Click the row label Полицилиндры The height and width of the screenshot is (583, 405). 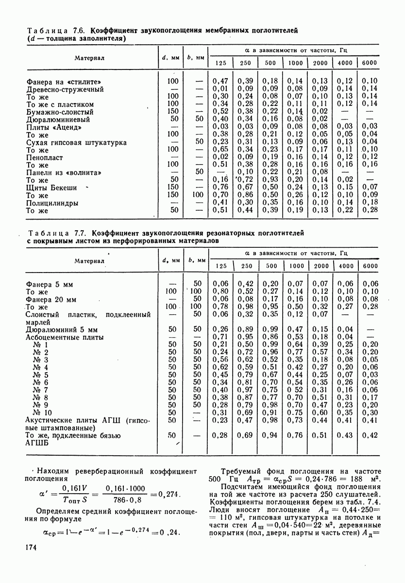coord(52,203)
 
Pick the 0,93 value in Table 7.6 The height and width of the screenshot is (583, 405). coord(270,180)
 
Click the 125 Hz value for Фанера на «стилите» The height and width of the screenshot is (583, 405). coord(220,81)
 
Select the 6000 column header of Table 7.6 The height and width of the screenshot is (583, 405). coord(370,63)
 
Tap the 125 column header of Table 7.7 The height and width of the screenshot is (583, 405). coord(221,266)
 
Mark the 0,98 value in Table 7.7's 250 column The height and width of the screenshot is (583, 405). coord(247,307)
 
